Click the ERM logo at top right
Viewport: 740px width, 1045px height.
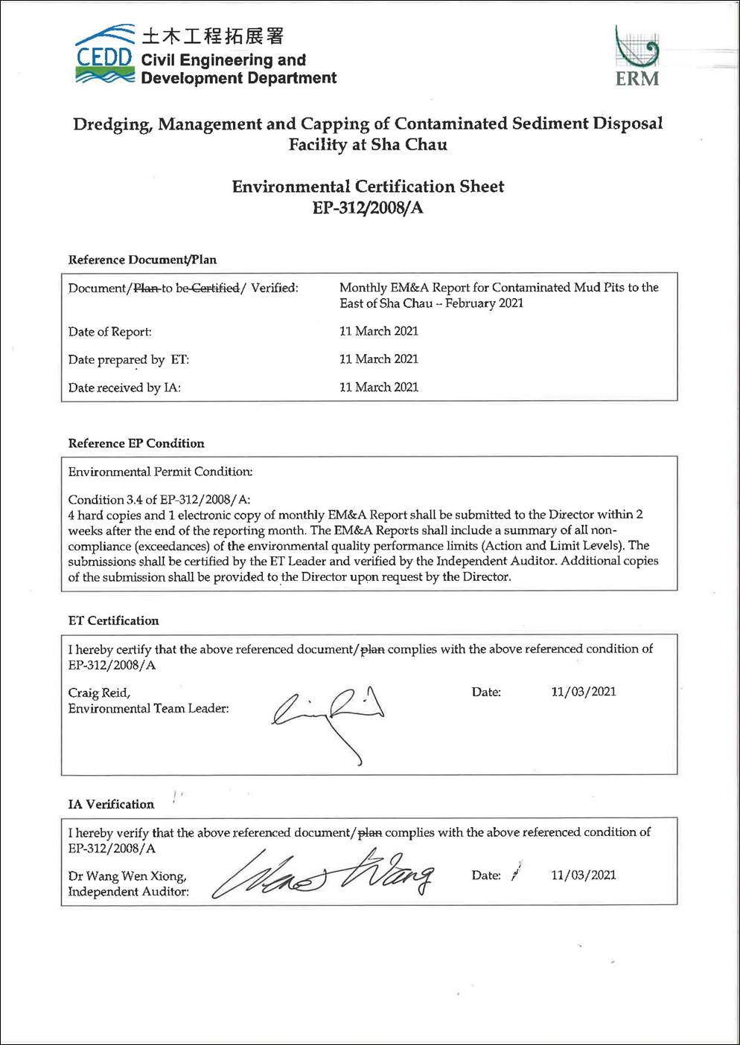pos(637,57)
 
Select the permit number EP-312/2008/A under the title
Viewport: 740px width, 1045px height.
pos(368,208)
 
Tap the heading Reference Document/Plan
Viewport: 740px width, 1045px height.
pos(142,260)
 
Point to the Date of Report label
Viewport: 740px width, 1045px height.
pos(109,332)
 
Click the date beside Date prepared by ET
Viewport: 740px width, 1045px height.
pos(379,359)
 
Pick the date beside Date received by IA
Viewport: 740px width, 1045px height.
pos(379,388)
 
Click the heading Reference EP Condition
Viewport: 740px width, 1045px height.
pos(136,443)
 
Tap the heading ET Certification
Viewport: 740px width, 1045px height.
pos(113,620)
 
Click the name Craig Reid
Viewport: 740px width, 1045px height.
pos(99,692)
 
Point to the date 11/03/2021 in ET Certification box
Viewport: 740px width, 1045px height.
pos(584,692)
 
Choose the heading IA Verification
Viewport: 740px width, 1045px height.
pos(111,804)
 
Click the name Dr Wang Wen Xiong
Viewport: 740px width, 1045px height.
pos(127,875)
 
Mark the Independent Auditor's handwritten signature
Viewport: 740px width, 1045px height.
pos(323,875)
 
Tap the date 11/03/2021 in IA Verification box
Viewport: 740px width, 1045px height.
pos(584,875)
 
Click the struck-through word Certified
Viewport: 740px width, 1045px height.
pos(215,288)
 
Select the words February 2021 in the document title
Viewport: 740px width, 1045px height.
pos(484,303)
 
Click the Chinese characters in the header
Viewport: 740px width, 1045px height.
pos(213,36)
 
